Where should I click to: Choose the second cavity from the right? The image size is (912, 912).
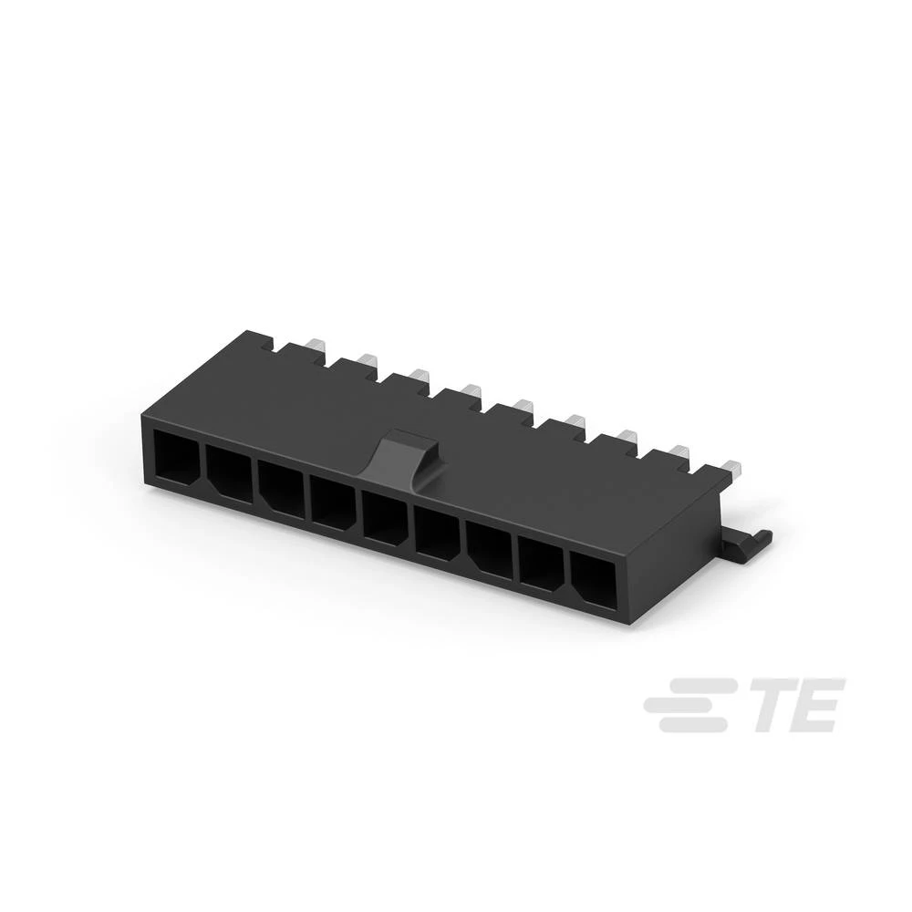point(542,564)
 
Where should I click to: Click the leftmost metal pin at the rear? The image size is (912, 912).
point(315,347)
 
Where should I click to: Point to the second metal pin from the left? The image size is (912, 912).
point(367,363)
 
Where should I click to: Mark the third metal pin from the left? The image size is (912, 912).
point(419,378)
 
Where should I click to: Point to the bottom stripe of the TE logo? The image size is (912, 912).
point(695,725)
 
